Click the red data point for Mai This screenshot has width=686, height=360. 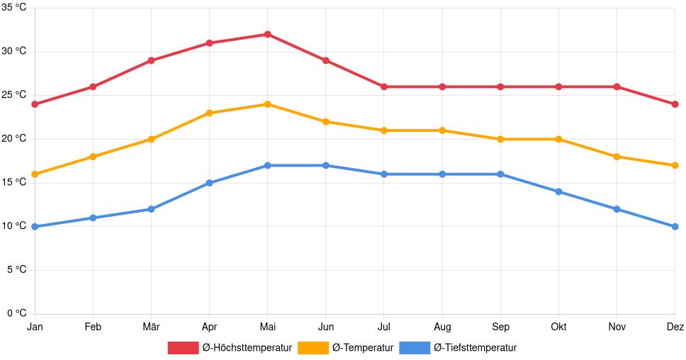[x=267, y=34]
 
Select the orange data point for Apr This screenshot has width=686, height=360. [x=209, y=113]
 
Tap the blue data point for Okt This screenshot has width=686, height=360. [x=558, y=191]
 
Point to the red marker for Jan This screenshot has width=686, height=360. [x=35, y=104]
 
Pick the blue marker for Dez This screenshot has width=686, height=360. [x=675, y=227]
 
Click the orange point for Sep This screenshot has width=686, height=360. [x=500, y=139]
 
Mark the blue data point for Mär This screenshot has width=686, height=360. [x=151, y=209]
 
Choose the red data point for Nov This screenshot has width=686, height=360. [x=617, y=86]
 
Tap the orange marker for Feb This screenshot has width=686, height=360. [x=93, y=157]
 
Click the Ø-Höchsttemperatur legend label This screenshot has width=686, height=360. [x=247, y=347]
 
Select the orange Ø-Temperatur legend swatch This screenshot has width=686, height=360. [x=313, y=347]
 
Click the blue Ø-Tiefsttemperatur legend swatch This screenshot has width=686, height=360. [x=414, y=347]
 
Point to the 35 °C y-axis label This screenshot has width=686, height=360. [x=14, y=8]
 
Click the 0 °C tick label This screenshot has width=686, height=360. [x=16, y=313]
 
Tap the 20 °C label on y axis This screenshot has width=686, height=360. [x=14, y=139]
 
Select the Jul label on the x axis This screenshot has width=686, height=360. [x=383, y=327]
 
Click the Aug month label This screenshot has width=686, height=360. [x=442, y=327]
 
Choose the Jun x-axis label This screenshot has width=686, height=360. [x=325, y=327]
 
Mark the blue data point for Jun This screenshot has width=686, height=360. [x=325, y=165]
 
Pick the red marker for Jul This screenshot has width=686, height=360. [x=383, y=86]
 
